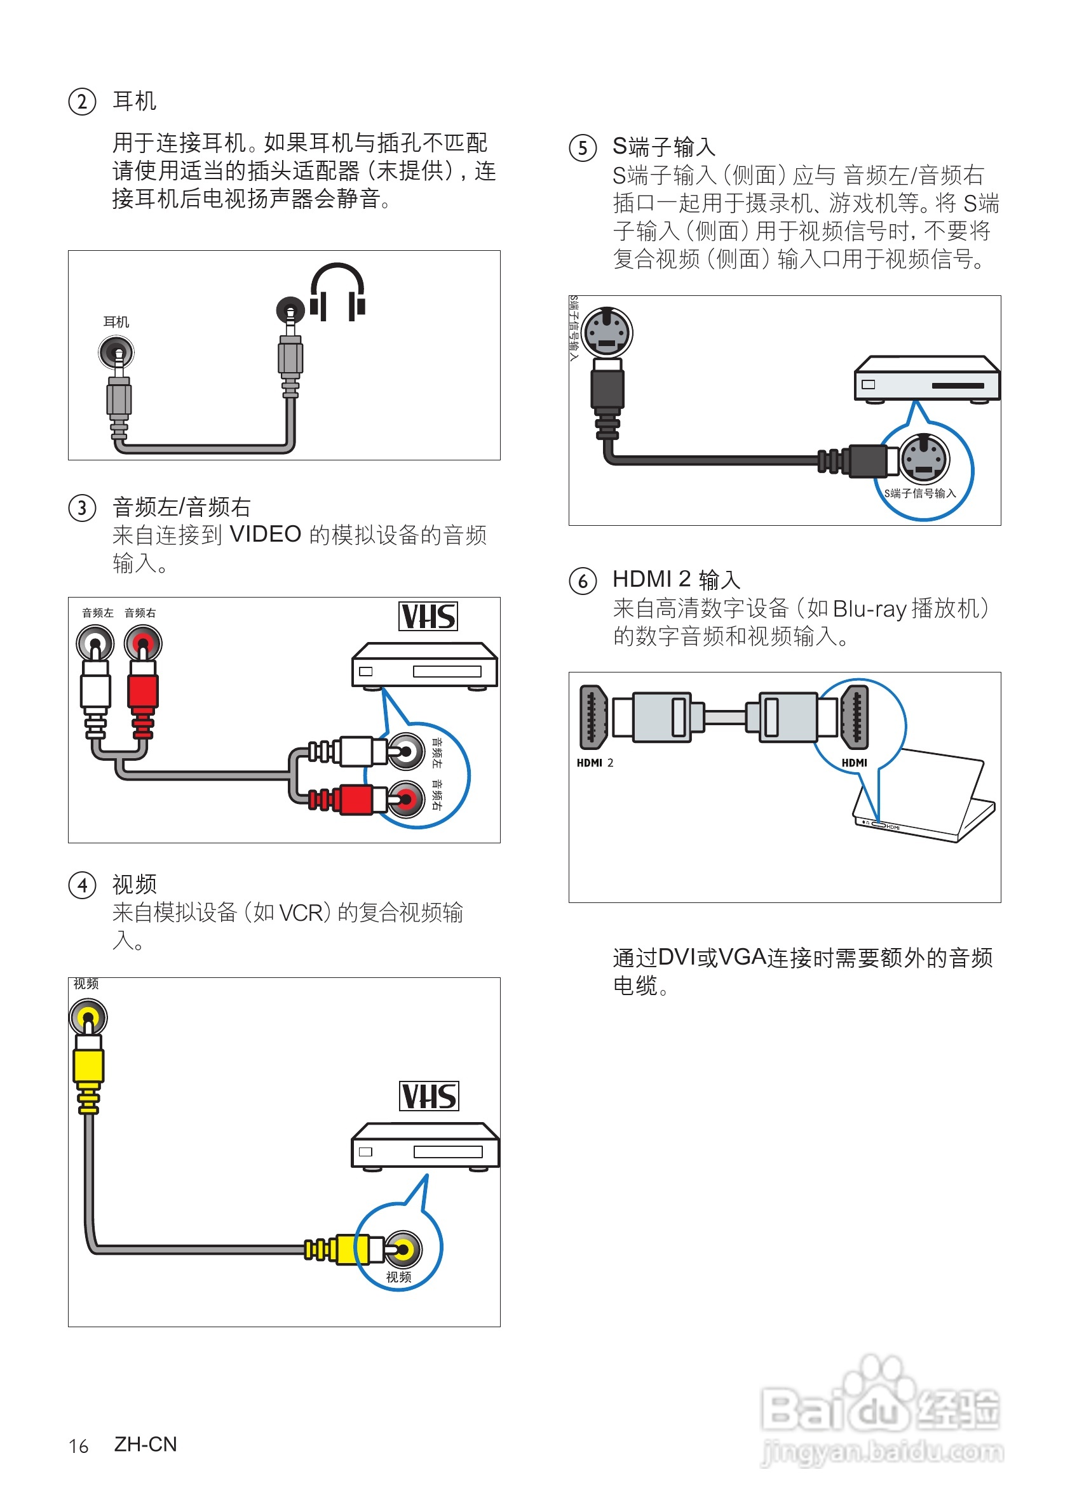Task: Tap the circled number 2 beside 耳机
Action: tap(83, 102)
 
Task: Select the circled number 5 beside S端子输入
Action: tap(583, 147)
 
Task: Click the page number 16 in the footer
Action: tap(78, 1446)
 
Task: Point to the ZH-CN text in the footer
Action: tap(146, 1444)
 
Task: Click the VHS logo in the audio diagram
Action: tap(428, 617)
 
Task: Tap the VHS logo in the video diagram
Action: tap(429, 1096)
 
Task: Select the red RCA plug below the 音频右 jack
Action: tap(143, 692)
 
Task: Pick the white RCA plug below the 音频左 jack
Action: tap(95, 692)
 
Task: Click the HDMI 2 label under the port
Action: tap(595, 763)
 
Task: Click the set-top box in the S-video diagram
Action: tap(926, 378)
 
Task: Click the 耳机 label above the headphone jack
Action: tap(117, 322)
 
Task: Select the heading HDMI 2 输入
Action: tap(677, 580)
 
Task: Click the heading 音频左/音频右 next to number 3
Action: tap(182, 507)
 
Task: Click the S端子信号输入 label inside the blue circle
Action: tap(920, 493)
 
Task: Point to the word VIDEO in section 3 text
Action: tap(266, 534)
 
